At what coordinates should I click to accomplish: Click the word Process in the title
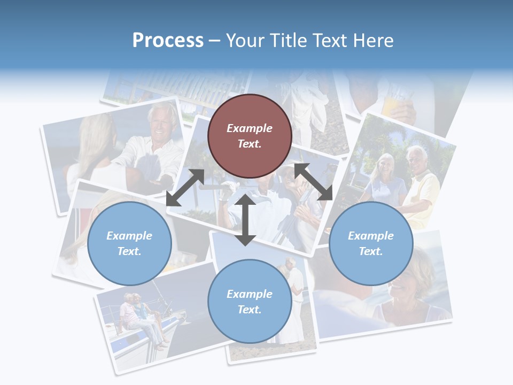tap(168, 41)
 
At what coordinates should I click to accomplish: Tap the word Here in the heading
tap(373, 41)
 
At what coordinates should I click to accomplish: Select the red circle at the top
tap(250, 136)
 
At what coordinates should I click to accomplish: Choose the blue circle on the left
tap(129, 243)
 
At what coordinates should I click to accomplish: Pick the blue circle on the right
tap(371, 243)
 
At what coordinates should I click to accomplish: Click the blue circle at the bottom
tap(250, 301)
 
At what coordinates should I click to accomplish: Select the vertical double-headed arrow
tap(245, 220)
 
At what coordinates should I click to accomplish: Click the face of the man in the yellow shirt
tap(416, 159)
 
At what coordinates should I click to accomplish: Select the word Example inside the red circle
tap(250, 128)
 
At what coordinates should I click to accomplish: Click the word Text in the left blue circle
tap(129, 251)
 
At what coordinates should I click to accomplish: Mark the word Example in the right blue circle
tap(371, 236)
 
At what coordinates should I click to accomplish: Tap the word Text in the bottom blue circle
tap(250, 310)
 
